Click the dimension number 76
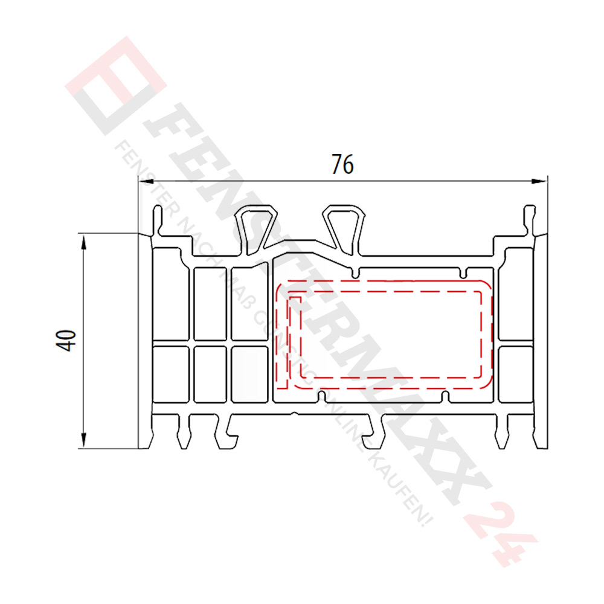click(x=342, y=164)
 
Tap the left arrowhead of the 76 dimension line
click(x=144, y=180)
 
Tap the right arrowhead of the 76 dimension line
click(x=542, y=180)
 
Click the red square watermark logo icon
click(x=115, y=85)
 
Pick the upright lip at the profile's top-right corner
click(x=529, y=220)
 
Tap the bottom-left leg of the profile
click(x=182, y=432)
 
